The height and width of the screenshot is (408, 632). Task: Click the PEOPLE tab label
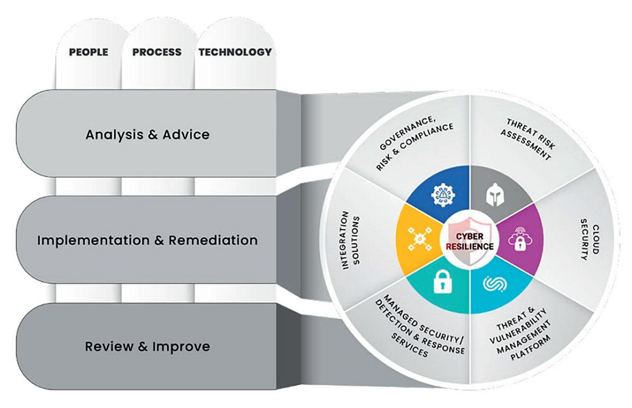(x=89, y=52)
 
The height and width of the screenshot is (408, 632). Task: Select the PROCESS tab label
(x=157, y=52)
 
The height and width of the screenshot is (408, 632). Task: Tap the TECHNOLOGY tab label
(x=235, y=52)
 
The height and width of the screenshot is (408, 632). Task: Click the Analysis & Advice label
(x=148, y=134)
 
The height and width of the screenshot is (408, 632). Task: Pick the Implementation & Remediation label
(x=148, y=240)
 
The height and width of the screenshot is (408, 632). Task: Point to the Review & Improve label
(x=148, y=347)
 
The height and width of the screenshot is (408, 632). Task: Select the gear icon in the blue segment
(x=440, y=196)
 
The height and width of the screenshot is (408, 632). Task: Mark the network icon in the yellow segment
(x=416, y=240)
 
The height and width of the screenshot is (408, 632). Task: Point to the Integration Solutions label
(x=350, y=240)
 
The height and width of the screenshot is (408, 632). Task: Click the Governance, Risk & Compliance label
(x=414, y=146)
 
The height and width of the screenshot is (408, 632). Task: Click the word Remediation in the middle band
(x=213, y=240)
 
